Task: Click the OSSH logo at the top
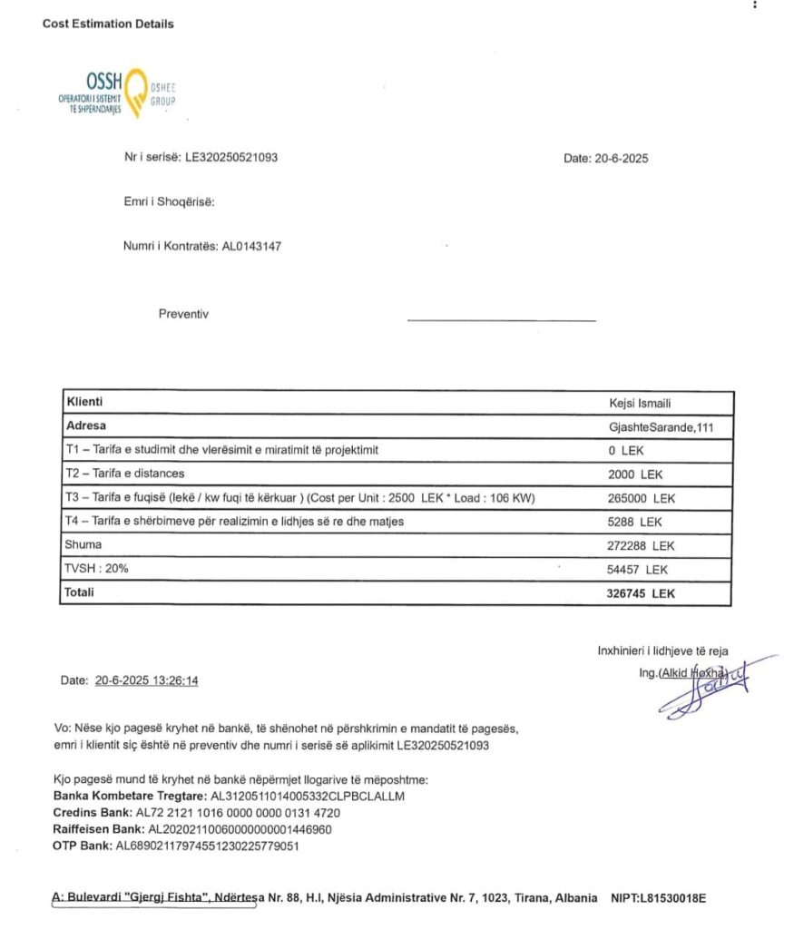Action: pos(116,93)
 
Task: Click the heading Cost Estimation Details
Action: pos(108,24)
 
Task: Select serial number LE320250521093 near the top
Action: pos(231,157)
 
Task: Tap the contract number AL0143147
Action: pos(258,245)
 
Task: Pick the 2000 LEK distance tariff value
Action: pos(635,474)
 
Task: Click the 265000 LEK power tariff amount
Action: pos(642,498)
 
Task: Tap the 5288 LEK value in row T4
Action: pos(635,522)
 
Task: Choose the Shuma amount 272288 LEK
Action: pos(642,546)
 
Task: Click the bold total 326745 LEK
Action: pos(641,593)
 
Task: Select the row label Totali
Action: pos(80,592)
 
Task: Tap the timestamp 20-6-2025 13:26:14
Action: pos(146,680)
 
